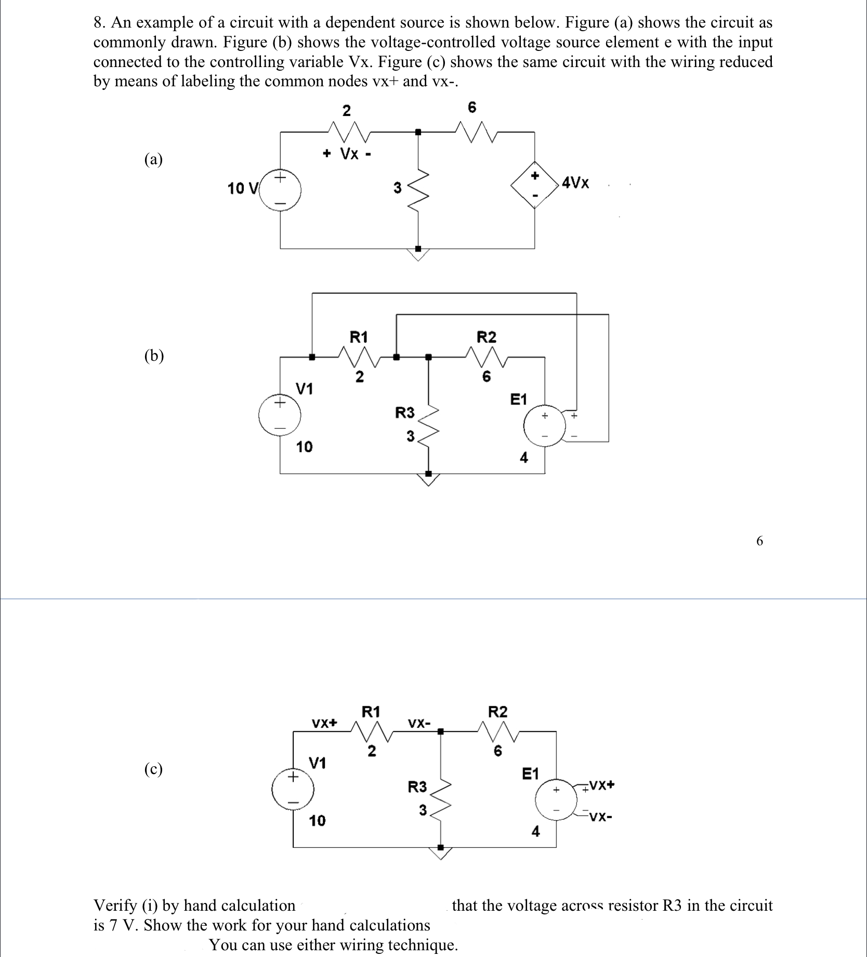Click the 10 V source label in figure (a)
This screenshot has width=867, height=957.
pyautogui.click(x=242, y=188)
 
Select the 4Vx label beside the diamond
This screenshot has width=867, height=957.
pyautogui.click(x=575, y=183)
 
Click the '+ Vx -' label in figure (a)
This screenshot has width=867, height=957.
pyautogui.click(x=347, y=154)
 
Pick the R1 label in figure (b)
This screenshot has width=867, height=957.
pyautogui.click(x=359, y=337)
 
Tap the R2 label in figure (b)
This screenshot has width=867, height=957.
pyautogui.click(x=487, y=337)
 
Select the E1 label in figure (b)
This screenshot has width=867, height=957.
pyautogui.click(x=518, y=399)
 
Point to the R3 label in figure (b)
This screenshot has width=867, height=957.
pyautogui.click(x=405, y=413)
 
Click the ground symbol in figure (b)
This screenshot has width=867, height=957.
pyautogui.click(x=428, y=479)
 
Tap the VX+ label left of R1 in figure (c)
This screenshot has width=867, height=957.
pyautogui.click(x=324, y=723)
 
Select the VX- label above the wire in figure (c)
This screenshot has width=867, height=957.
pyautogui.click(x=419, y=723)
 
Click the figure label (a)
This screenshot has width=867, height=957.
pyautogui.click(x=153, y=159)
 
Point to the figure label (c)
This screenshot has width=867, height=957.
pyautogui.click(x=153, y=769)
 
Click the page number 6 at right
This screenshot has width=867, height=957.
pyautogui.click(x=759, y=541)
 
